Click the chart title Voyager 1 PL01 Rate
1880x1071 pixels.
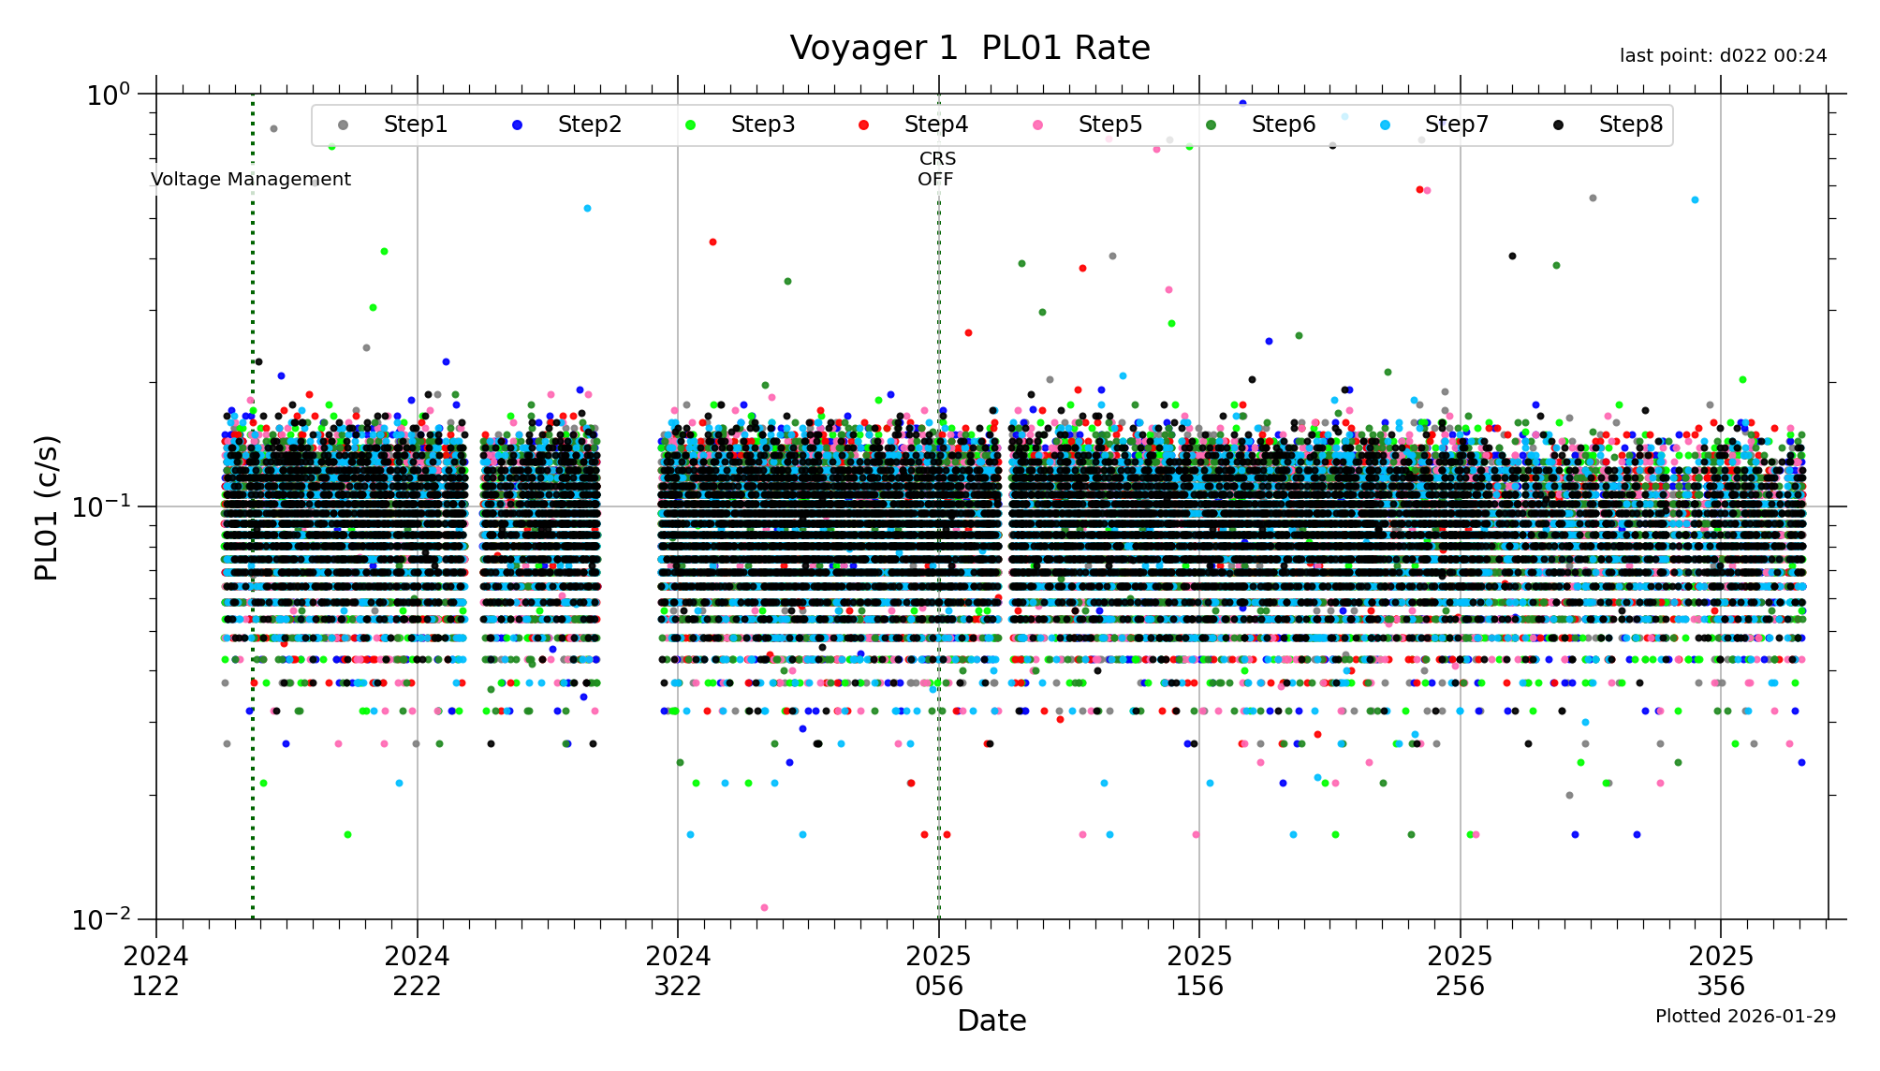pyautogui.click(x=969, y=48)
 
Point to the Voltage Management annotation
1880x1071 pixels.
pyautogui.click(x=251, y=179)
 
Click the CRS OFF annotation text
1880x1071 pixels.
pyautogui.click(x=936, y=169)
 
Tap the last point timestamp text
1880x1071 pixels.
pyautogui.click(x=1723, y=56)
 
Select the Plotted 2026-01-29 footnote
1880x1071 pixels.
pyautogui.click(x=1745, y=1016)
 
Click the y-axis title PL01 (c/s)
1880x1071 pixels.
pyautogui.click(x=46, y=507)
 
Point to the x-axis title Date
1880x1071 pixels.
pyautogui.click(x=991, y=1020)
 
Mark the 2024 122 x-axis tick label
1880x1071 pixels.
pyautogui.click(x=155, y=971)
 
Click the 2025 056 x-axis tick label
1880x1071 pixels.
pyautogui.click(x=939, y=971)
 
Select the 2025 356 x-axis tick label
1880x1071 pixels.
pyautogui.click(x=1721, y=971)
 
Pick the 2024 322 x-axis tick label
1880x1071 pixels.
pyautogui.click(x=678, y=971)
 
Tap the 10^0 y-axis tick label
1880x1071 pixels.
pyautogui.click(x=108, y=95)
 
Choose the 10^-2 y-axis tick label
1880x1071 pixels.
pyautogui.click(x=102, y=919)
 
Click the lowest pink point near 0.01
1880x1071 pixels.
pyautogui.click(x=764, y=907)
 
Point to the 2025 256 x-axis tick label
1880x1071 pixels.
pyautogui.click(x=1461, y=971)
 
